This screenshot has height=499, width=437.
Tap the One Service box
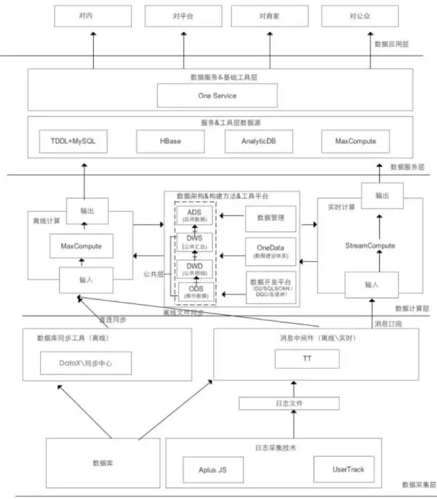217,95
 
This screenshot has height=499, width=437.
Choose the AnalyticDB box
258,141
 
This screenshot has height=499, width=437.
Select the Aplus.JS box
212,470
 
